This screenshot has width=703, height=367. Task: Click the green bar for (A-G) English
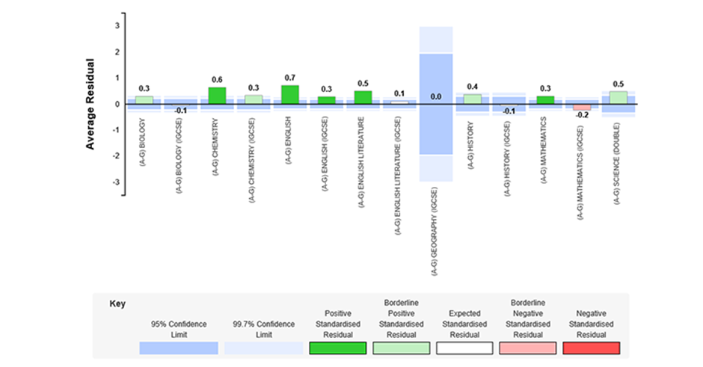[x=290, y=95]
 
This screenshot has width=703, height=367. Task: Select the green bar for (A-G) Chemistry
[x=217, y=96]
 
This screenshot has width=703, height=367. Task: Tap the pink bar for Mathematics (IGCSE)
[x=582, y=107]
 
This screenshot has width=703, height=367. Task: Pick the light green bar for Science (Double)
[x=618, y=98]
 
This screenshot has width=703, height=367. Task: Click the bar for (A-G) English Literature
[x=363, y=98]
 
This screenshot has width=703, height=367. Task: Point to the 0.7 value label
[x=290, y=78]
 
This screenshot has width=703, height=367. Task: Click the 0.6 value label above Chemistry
[x=217, y=80]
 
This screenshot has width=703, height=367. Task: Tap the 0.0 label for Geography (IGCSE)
[x=436, y=96]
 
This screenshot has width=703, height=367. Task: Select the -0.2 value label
[x=583, y=115]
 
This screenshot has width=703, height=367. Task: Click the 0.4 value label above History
[x=472, y=87]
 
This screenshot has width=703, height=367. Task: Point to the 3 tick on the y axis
[x=117, y=26]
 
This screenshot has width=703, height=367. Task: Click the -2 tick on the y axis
[x=117, y=156]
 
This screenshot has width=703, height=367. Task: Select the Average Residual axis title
[x=90, y=104]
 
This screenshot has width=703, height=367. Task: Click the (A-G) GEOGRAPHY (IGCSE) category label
[x=435, y=232]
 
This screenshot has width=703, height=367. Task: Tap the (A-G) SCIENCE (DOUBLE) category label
[x=616, y=164]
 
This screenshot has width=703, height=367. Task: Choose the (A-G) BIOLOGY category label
[x=142, y=143]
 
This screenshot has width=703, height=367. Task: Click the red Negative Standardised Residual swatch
[x=592, y=348]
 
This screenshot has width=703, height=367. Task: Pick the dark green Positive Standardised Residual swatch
[x=338, y=348]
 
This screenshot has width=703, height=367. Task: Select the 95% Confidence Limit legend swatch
[x=179, y=348]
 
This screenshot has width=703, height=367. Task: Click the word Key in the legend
[x=117, y=303]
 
